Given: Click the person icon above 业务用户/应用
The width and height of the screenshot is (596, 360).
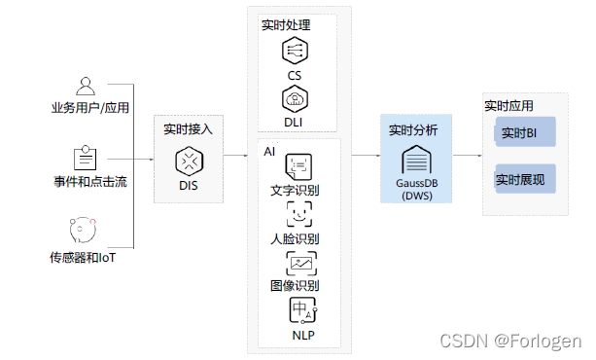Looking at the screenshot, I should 86,85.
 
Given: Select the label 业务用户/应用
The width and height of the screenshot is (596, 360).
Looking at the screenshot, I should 90,107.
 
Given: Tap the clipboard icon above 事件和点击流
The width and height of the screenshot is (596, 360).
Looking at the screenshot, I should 86,158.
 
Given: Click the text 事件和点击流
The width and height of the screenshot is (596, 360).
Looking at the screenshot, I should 90,182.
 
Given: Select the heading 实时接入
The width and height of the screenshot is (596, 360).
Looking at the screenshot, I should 187,128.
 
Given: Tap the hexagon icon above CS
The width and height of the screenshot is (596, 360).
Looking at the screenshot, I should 295,51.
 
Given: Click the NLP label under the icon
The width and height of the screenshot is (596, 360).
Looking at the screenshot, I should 301,336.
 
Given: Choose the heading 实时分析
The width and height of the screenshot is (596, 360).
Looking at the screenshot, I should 412,129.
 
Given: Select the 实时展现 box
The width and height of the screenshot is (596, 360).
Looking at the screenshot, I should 522,180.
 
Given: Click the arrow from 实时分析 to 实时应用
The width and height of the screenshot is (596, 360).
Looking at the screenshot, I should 467,155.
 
